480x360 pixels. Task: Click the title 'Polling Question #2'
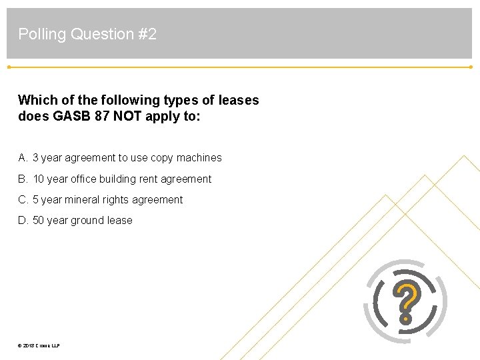[87, 34]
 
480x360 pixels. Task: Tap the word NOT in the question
[128, 116]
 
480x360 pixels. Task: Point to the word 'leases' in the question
[238, 100]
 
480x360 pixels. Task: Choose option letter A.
[23, 158]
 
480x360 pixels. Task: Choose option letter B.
[23, 179]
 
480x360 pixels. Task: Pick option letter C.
[23, 199]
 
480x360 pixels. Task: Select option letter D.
[23, 220]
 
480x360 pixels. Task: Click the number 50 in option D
[38, 220]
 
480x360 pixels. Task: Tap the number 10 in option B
[38, 179]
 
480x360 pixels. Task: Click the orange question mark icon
[406, 302]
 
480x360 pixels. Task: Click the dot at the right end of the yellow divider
[471, 67]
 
